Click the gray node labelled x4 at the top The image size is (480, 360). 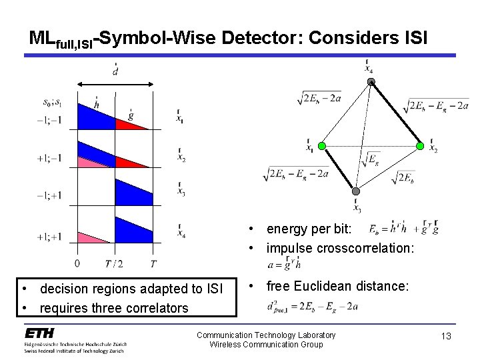371,82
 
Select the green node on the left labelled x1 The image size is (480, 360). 321,146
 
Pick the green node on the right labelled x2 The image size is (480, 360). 420,146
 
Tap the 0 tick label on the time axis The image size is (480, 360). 79,263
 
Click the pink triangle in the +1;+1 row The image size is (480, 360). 92,238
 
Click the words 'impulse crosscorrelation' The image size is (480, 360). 340,247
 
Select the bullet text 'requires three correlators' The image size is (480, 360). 113,307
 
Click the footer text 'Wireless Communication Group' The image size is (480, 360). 266,344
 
